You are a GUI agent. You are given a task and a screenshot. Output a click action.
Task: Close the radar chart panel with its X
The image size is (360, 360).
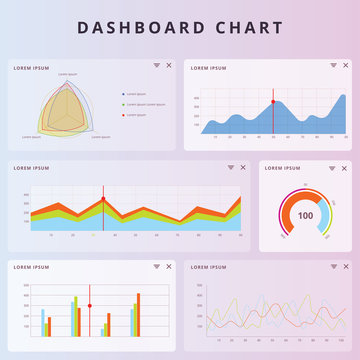coord(169,65)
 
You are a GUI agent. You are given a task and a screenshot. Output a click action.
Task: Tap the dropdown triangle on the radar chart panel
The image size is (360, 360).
coord(156,65)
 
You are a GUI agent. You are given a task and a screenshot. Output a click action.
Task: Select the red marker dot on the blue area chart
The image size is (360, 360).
coord(273,101)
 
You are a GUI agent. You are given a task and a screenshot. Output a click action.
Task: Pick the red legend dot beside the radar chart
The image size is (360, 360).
coord(123,115)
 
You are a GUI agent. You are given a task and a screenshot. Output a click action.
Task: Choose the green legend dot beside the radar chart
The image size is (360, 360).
coord(123,104)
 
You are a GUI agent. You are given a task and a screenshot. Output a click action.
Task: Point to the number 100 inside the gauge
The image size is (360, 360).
coord(305,215)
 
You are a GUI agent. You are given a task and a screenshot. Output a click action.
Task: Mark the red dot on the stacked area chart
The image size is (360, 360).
coord(103,199)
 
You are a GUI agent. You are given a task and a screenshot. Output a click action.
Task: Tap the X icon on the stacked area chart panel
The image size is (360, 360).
coord(244,167)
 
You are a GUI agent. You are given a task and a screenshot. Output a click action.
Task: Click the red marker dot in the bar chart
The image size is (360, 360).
coord(90,304)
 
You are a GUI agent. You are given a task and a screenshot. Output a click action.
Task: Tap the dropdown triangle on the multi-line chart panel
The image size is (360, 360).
coord(329,267)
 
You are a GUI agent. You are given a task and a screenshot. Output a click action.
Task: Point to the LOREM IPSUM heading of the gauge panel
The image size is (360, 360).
coord(283,168)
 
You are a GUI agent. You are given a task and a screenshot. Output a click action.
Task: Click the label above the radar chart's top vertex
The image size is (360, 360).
coord(67,75)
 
